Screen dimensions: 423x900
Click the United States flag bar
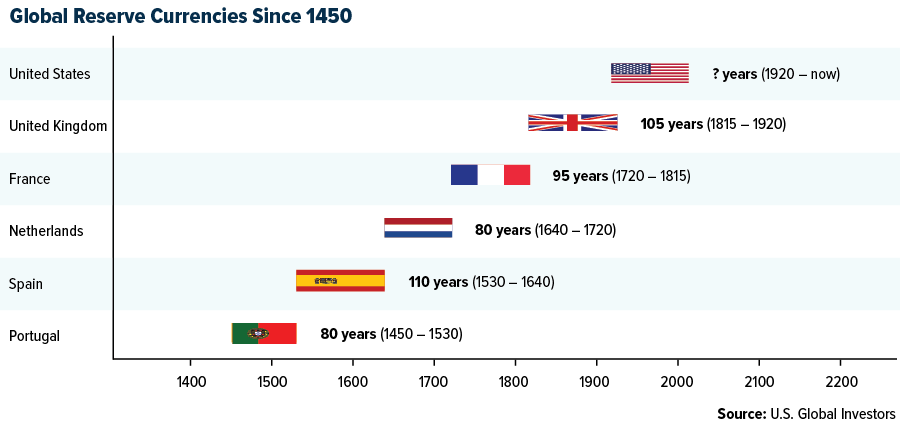[x=650, y=73]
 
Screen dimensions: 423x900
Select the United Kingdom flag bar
[x=573, y=123]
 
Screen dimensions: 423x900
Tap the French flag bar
[x=490, y=175]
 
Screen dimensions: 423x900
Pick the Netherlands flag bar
[x=418, y=228]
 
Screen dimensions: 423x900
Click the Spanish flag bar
[x=340, y=280]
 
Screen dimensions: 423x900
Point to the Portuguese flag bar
[x=264, y=333]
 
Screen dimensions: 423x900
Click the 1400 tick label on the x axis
[x=191, y=381]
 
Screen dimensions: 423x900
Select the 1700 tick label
[x=434, y=381]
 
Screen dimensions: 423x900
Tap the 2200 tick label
[x=839, y=381]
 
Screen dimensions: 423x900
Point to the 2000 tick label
[x=677, y=381]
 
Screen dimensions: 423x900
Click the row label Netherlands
[x=46, y=231]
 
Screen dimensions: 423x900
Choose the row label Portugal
[x=35, y=336]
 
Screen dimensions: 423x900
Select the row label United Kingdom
[x=58, y=126]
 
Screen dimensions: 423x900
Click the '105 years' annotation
[x=672, y=124]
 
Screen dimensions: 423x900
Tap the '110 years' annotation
[x=440, y=281]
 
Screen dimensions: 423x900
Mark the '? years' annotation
[x=734, y=74]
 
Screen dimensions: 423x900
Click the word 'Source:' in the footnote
[x=741, y=413]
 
